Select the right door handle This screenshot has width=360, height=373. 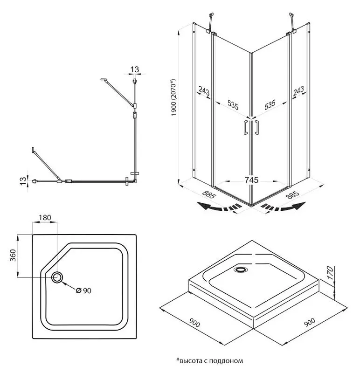pyautogui.click(x=256, y=128)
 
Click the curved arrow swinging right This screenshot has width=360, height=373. pyautogui.click(x=285, y=208)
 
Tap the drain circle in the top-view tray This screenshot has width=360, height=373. pyautogui.click(x=58, y=277)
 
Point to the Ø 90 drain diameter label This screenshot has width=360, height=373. pyautogui.click(x=83, y=290)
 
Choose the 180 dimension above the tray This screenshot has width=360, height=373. pyautogui.click(x=45, y=218)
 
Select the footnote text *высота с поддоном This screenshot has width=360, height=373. pyautogui.click(x=210, y=360)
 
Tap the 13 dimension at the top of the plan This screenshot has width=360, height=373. pyautogui.click(x=135, y=69)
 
